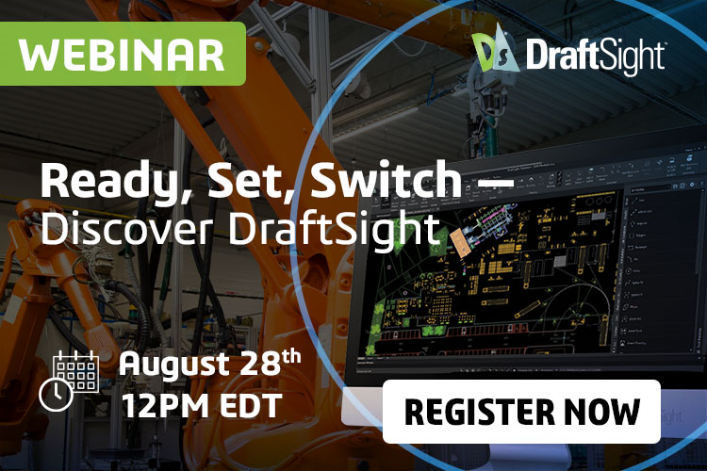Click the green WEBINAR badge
point(122,54)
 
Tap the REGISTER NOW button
point(521,412)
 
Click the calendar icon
point(76,371)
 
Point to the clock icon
point(56,394)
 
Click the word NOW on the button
point(604,412)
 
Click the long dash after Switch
point(490,179)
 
